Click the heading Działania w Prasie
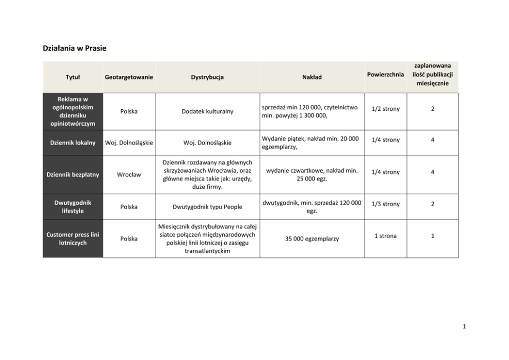(74, 48)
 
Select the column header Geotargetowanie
(129, 77)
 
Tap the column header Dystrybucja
(207, 77)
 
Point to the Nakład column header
(311, 77)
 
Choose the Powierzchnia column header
(385, 75)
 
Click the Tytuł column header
(73, 77)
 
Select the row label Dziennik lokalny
(73, 143)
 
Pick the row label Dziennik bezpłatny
(73, 174)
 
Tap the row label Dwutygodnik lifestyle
(73, 207)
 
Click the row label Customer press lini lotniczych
(73, 238)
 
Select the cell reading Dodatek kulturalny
(207, 111)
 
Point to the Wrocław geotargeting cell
(129, 174)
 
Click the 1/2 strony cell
(385, 109)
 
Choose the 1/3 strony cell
(385, 204)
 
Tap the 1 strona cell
(385, 235)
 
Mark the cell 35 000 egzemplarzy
(311, 238)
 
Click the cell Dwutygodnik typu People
(207, 207)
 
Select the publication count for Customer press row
(433, 235)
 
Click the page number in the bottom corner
(463, 326)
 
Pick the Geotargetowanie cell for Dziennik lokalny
(129, 143)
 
